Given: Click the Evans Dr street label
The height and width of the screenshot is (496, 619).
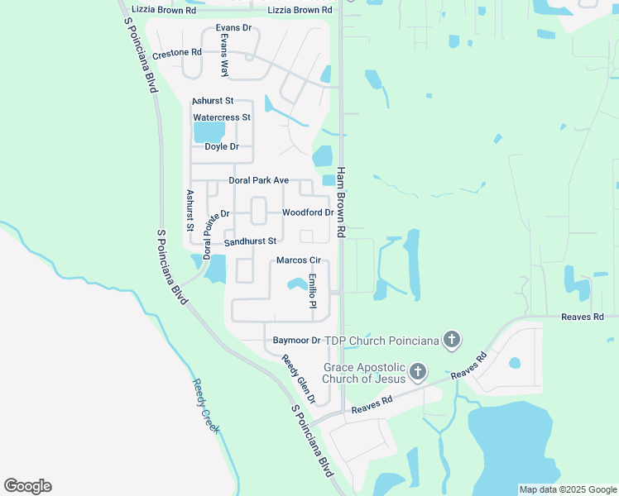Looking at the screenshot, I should [x=233, y=28].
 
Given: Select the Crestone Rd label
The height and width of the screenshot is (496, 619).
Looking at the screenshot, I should [x=177, y=52].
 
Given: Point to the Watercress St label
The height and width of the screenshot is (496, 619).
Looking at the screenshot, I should [x=222, y=117].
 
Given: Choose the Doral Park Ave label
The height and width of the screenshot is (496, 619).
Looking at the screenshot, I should [x=259, y=180].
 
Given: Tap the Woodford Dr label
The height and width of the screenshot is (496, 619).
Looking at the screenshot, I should [x=307, y=212].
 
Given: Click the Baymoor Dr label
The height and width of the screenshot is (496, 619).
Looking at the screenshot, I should [x=296, y=341].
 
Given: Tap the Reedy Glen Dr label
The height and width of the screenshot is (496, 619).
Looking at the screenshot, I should [x=299, y=379].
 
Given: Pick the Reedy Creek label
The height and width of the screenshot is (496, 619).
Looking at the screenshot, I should [x=206, y=405].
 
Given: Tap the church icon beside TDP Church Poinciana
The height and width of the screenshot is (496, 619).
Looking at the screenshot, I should [x=451, y=339].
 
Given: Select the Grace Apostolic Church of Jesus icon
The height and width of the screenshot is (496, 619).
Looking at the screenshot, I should [x=418, y=372].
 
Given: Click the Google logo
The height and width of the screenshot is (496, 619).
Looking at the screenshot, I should [x=27, y=486].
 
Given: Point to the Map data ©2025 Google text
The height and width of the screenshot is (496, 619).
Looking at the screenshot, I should [x=567, y=489].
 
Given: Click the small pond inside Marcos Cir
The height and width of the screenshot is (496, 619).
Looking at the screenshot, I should [x=295, y=285].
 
